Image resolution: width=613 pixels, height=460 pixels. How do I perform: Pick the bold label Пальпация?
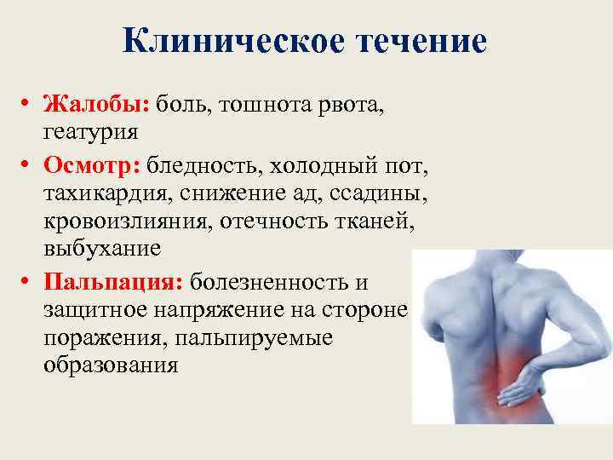point(114,280)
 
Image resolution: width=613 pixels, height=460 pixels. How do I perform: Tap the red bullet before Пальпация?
point(28,281)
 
